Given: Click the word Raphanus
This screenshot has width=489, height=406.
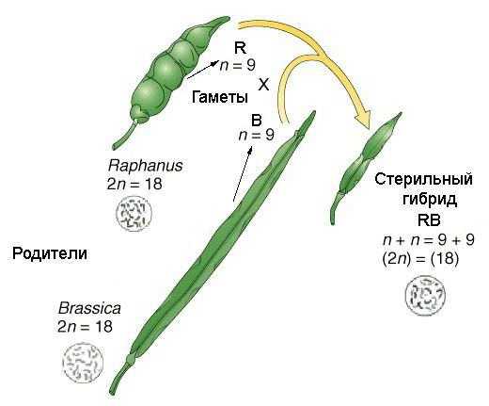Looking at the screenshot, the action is click(145, 166).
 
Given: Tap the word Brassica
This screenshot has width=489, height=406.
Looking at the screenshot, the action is click(89, 308).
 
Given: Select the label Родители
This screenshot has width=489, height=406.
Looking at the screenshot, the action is click(50, 253).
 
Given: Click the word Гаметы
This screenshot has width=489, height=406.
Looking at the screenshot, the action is click(220, 97).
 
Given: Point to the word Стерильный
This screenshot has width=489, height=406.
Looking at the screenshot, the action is click(423, 180).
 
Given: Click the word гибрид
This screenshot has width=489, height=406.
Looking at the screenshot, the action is click(430, 200).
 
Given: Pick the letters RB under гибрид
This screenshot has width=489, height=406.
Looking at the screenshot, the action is click(429, 219).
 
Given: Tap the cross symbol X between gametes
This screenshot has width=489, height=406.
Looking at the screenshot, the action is click(263, 85).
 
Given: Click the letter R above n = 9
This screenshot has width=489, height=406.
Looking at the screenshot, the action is click(240, 48).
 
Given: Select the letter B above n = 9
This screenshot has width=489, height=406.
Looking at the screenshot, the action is click(257, 121).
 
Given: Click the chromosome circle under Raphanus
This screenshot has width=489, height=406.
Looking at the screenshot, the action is click(134, 213).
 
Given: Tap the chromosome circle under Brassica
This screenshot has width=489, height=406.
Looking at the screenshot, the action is click(83, 362).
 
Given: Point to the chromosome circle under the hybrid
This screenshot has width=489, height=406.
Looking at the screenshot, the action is click(425, 295).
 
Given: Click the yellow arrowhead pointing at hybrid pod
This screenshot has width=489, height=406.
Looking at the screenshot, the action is click(363, 120).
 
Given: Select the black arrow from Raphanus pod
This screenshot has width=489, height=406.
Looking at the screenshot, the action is click(203, 69).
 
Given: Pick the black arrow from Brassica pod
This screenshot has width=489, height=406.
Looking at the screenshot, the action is click(243, 173).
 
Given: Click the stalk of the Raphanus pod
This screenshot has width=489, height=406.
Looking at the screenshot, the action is click(125, 135).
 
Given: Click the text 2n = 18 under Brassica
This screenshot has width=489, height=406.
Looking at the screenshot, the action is click(85, 327).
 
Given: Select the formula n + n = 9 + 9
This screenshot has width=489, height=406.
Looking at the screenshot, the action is click(429, 240).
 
